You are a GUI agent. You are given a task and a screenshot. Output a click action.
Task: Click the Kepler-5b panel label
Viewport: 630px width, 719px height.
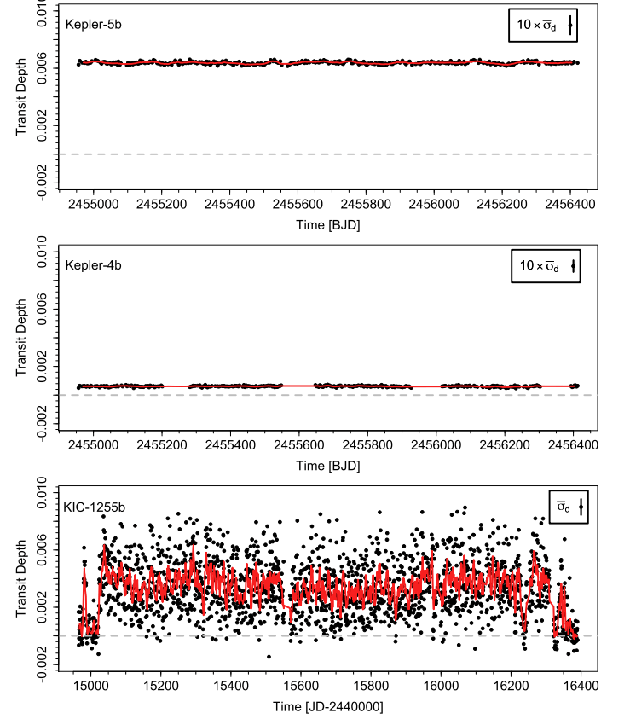(x=94, y=23)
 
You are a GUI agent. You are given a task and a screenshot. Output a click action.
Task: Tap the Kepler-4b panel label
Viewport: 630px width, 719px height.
(x=94, y=264)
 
